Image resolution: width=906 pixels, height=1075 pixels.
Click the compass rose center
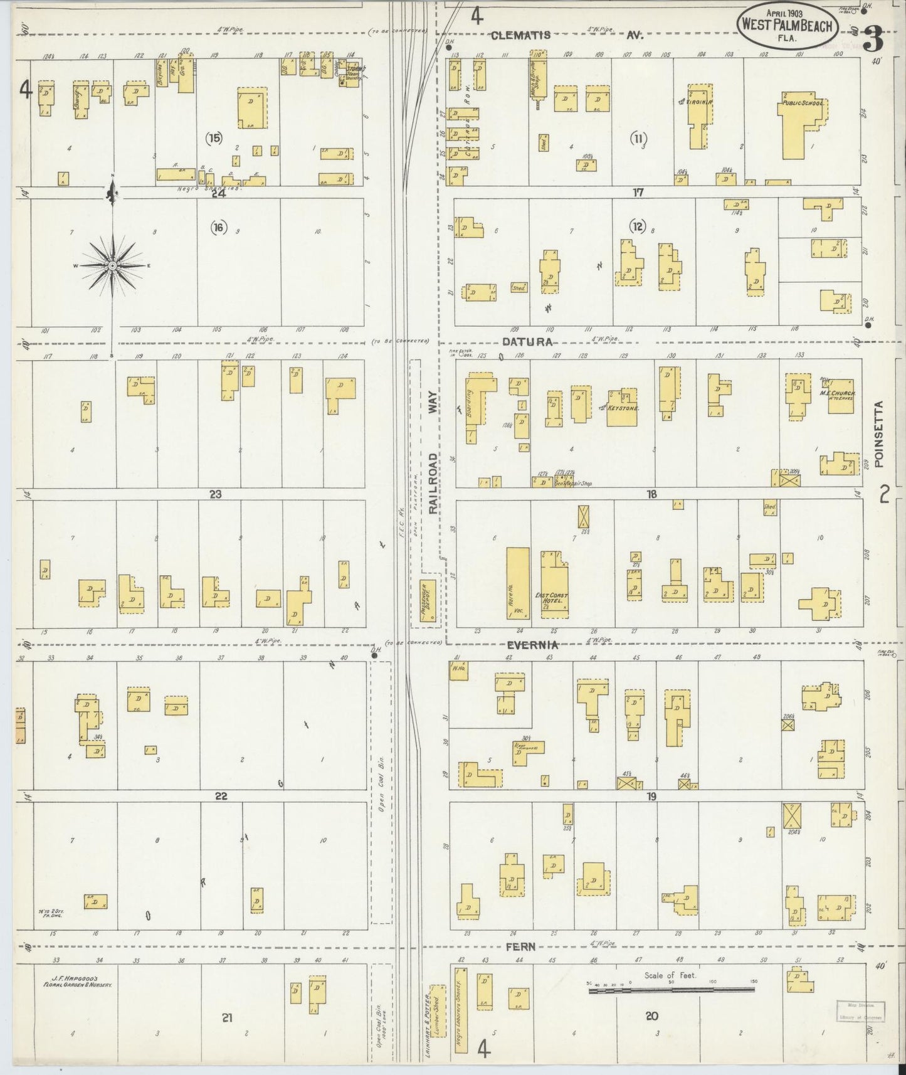(113, 266)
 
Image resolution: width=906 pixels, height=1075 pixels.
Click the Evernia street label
(532, 645)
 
